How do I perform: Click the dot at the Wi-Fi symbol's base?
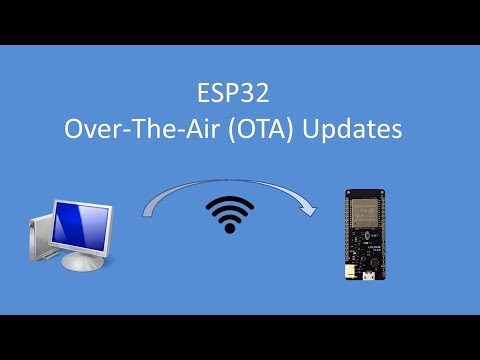(229, 228)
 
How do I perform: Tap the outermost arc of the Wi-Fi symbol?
(229, 201)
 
